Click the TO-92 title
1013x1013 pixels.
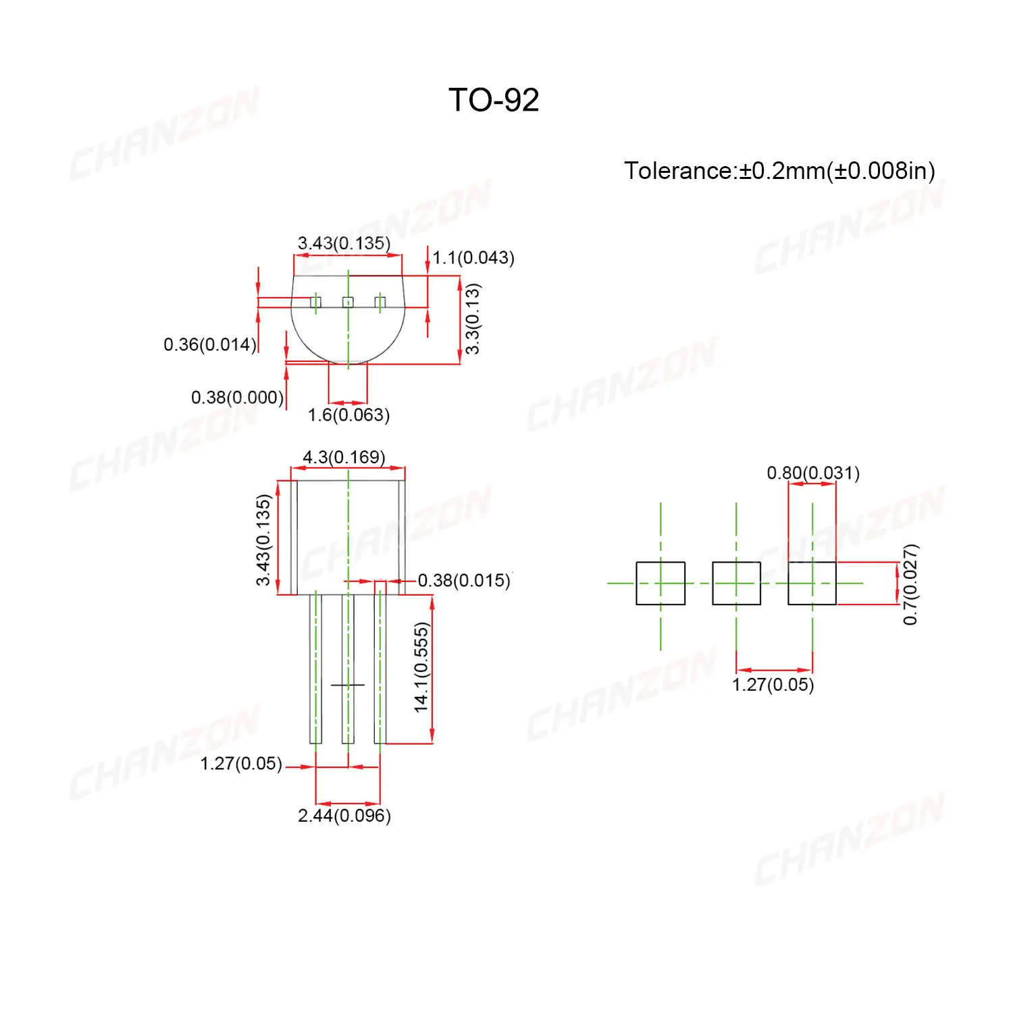494,101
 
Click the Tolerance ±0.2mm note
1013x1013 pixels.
779,171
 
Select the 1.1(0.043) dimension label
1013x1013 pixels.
473,258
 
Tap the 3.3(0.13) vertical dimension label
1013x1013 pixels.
473,319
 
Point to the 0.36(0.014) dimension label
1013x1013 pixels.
210,344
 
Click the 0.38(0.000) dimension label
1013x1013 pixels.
237,397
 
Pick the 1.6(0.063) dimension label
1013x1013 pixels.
348,415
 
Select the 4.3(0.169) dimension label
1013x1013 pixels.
344,457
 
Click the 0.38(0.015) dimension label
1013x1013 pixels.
464,580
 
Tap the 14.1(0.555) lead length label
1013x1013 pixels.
421,667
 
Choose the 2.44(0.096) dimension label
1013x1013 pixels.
344,816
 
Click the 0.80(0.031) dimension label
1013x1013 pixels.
813,473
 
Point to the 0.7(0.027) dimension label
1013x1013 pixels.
910,584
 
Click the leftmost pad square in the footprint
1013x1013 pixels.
660,583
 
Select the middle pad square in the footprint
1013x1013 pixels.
736,583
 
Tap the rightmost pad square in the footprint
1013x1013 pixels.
812,583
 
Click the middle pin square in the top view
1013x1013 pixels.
348,302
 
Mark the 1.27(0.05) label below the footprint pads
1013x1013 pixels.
773,685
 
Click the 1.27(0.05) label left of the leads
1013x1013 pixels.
241,764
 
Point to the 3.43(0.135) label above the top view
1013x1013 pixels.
344,243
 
